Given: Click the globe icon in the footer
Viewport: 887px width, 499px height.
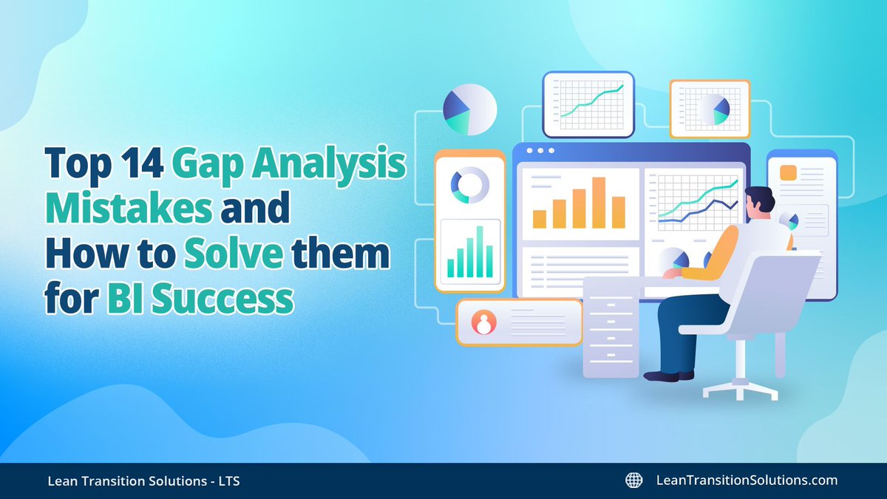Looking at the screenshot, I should (x=633, y=481).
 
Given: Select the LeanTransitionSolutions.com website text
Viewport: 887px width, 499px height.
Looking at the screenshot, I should (x=747, y=481).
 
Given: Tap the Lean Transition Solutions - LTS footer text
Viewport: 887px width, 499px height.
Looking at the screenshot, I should (x=140, y=481).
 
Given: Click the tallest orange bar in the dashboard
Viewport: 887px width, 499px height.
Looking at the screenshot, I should (x=598, y=202).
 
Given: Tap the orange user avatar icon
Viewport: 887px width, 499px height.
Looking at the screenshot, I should (x=485, y=322).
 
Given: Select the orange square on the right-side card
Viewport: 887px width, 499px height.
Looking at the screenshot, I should (x=788, y=173).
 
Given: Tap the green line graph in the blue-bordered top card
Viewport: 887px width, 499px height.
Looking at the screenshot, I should (x=591, y=101).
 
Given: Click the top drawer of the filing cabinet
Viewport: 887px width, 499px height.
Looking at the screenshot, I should (x=610, y=292).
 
